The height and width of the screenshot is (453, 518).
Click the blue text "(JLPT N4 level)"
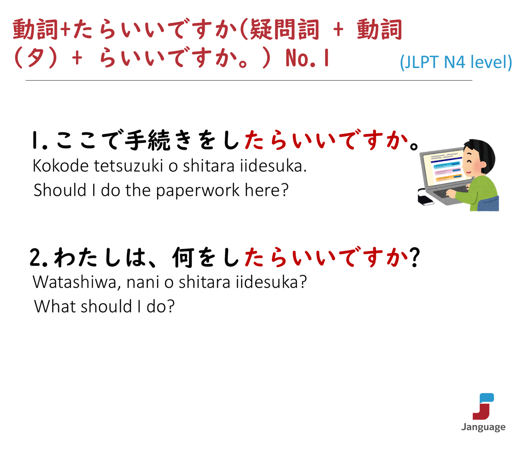coord(456,62)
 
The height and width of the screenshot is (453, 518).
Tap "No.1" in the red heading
coord(307,58)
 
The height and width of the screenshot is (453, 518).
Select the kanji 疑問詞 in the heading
coord(284,30)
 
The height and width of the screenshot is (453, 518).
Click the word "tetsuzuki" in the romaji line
coord(128,166)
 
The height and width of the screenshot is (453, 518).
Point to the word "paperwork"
coord(197,191)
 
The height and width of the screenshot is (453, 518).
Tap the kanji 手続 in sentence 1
coord(148,140)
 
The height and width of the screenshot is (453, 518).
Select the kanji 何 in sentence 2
coord(183,258)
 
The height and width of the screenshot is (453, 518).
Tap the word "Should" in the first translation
coord(60,190)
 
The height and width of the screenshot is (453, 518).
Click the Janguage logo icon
coord(483,406)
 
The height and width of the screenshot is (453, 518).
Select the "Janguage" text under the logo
coord(483,427)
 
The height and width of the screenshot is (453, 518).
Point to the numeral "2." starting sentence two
coord(38,258)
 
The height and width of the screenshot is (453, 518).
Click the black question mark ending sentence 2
coord(414,257)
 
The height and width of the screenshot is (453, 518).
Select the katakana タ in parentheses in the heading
coord(35,58)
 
